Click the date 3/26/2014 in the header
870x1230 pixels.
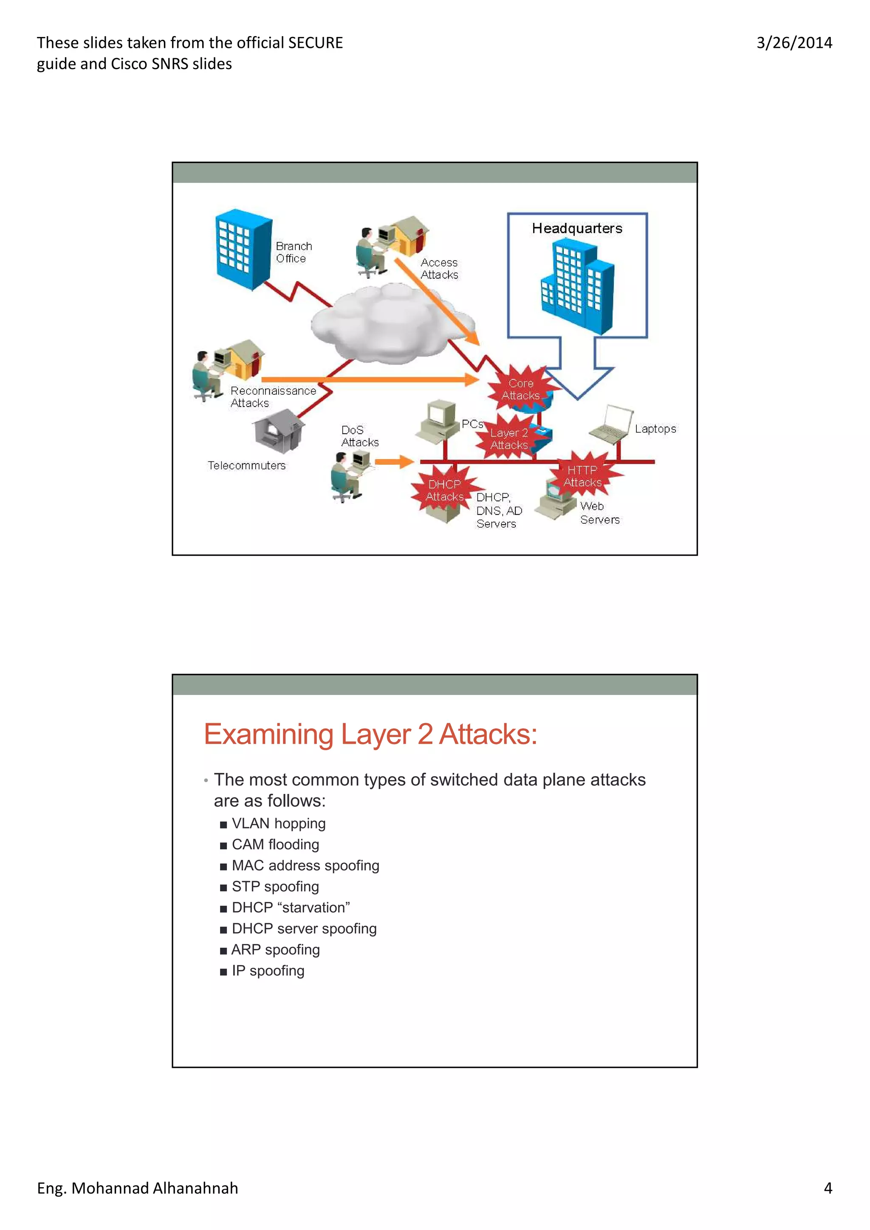[x=794, y=43]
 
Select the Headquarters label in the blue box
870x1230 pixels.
[x=577, y=228]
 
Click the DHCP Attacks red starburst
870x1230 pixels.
[x=444, y=490]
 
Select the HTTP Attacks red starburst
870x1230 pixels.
[x=583, y=476]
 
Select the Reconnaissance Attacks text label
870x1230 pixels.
[x=273, y=397]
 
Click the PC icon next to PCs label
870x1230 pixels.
[x=439, y=421]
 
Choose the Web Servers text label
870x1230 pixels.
[x=599, y=513]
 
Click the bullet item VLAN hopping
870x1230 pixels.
[x=278, y=823]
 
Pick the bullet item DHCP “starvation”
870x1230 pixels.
[x=291, y=907]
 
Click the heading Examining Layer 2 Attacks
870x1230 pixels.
[x=370, y=734]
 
